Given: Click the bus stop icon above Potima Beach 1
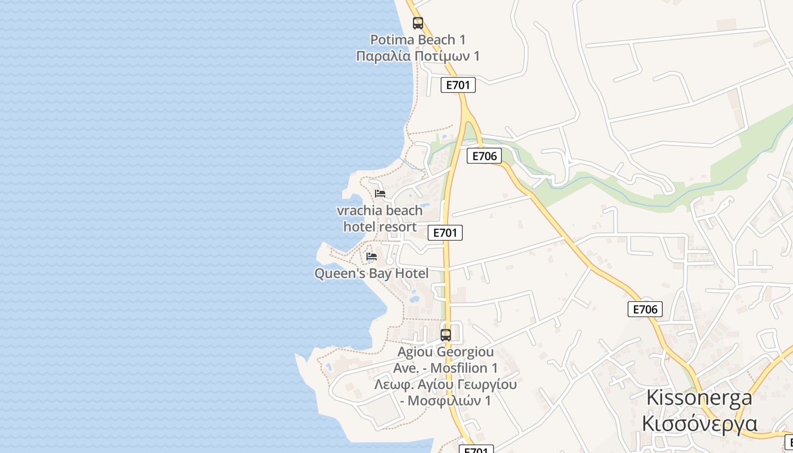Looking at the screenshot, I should click(417, 23).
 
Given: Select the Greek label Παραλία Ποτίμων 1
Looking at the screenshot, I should click(417, 56).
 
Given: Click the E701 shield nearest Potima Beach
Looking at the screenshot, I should click(458, 85).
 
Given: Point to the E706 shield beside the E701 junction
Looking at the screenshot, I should click(484, 156).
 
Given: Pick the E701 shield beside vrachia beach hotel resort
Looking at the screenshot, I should click(445, 232).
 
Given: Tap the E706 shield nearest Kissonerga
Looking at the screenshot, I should click(645, 309).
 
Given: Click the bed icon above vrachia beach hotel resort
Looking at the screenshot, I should click(380, 194).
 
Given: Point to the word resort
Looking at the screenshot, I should click(398, 227).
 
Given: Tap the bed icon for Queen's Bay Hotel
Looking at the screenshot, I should click(372, 257).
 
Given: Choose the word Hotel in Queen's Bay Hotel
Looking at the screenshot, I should click(412, 273).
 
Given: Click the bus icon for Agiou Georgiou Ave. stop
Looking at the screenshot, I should click(446, 335).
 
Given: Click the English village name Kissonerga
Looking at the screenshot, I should click(699, 398).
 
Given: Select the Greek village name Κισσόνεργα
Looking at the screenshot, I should click(699, 423).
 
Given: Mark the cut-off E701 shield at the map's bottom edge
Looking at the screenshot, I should click(476, 450).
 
